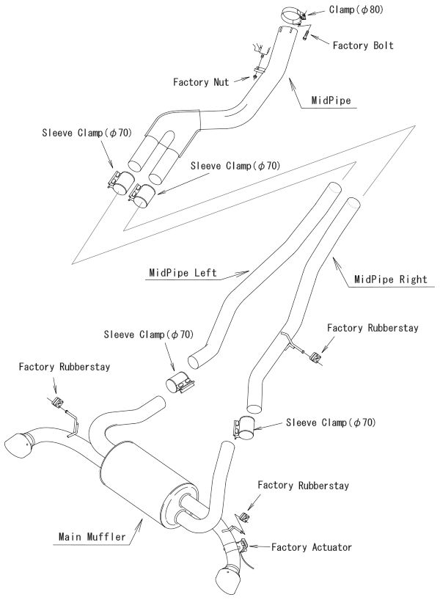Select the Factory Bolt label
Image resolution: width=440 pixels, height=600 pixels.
pos(362,45)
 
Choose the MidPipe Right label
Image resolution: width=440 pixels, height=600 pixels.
pos(389,279)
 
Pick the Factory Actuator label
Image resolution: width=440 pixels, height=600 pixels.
pos(312,547)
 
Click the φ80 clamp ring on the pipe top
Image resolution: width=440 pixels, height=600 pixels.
pos(296,14)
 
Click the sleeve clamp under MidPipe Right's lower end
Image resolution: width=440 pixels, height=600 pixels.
pos(244,428)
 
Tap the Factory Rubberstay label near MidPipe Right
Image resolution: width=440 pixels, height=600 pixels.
pos(373,328)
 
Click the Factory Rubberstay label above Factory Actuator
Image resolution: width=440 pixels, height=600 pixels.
pos(303,486)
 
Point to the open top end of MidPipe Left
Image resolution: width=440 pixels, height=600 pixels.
pos(334,189)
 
